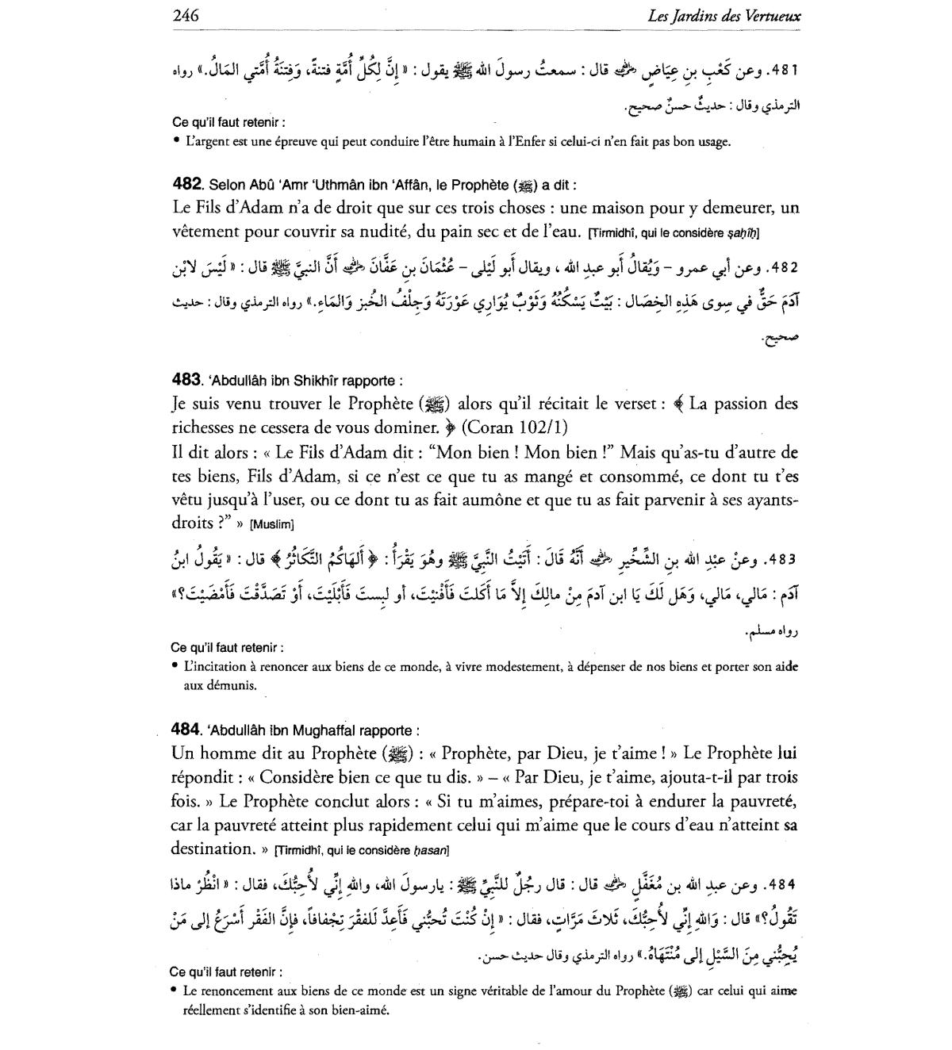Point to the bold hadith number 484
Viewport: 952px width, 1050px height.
[187, 730]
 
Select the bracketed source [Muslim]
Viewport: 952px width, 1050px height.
[272, 524]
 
